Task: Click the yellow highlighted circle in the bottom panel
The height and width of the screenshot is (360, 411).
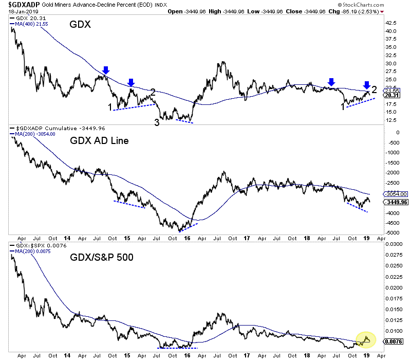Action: click(366, 339)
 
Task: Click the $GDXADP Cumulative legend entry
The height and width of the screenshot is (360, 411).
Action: click(44, 128)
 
